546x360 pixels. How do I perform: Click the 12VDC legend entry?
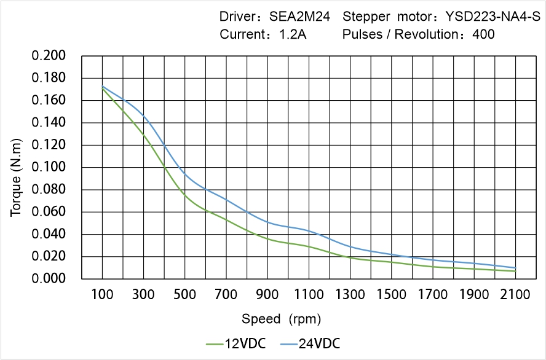tap(237, 343)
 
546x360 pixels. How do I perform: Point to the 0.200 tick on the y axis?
tap(49, 56)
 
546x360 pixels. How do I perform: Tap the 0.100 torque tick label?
tap(49, 167)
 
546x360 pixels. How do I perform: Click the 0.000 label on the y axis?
tap(49, 279)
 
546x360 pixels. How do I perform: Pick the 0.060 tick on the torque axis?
tap(49, 212)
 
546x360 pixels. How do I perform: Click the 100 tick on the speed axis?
tap(102, 295)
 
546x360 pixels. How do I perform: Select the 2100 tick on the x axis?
tap(515, 295)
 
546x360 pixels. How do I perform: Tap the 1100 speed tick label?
tap(309, 295)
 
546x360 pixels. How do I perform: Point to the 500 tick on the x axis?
tap(184, 295)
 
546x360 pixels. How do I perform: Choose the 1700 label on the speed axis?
tap(433, 295)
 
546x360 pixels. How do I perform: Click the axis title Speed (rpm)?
tap(281, 319)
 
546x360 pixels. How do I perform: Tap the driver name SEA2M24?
tap(299, 17)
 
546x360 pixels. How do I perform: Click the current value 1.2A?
tap(292, 35)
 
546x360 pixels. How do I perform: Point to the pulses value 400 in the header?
tap(483, 35)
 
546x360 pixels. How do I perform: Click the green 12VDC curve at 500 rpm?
tap(184, 195)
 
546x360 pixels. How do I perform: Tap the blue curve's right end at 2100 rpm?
tap(515, 268)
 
